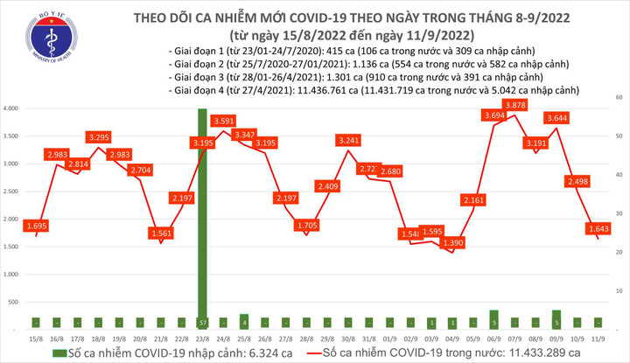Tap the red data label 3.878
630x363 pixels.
pos(516,106)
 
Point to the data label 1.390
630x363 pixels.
pos(453,241)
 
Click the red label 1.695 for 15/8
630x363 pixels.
pos(38,226)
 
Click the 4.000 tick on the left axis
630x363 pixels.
pos(11,108)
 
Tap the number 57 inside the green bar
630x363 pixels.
pos(202,322)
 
